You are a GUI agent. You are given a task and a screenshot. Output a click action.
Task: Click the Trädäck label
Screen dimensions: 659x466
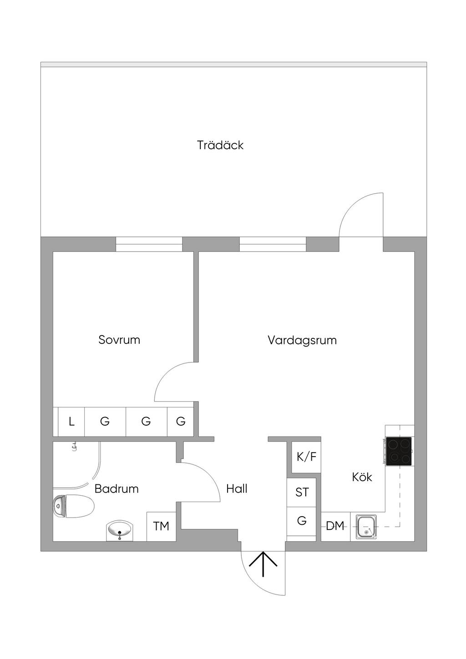click(220, 146)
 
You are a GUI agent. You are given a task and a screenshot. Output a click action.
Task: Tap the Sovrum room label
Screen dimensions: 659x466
click(119, 340)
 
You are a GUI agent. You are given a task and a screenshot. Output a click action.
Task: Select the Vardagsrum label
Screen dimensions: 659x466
click(302, 340)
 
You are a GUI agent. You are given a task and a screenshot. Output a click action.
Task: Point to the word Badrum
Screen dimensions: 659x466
click(116, 489)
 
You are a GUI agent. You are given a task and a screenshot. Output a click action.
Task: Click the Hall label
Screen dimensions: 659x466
click(237, 489)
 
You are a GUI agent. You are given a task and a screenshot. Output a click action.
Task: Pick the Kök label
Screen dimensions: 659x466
click(362, 477)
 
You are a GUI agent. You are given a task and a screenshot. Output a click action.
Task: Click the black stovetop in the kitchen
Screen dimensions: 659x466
click(399, 451)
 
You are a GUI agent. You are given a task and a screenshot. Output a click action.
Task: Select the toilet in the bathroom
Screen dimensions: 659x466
click(73, 507)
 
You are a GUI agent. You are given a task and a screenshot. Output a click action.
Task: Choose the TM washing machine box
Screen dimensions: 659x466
click(161, 527)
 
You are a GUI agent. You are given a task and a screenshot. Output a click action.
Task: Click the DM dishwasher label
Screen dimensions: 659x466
click(335, 526)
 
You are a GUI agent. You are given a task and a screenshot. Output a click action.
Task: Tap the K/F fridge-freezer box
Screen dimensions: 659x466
click(306, 457)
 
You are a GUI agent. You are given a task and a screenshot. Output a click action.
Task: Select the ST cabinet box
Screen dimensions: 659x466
click(302, 492)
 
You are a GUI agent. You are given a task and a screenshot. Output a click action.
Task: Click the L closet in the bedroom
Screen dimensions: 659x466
click(71, 422)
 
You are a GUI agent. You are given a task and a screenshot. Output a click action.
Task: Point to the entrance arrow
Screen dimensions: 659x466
click(263, 564)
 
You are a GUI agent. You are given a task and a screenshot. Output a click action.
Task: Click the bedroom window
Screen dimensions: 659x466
click(149, 244)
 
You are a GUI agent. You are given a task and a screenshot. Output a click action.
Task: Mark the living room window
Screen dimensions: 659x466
click(273, 244)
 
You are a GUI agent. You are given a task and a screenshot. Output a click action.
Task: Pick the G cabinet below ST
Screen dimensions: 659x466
click(302, 521)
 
